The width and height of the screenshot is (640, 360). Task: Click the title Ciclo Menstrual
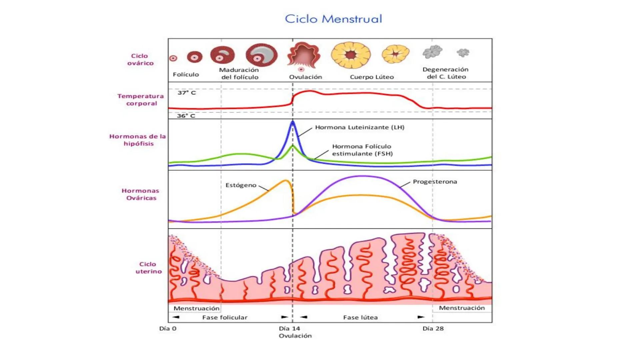pyautogui.click(x=333, y=19)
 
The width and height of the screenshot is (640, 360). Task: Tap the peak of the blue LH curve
pyautogui.click(x=293, y=122)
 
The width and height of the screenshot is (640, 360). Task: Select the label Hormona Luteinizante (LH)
pyautogui.click(x=360, y=127)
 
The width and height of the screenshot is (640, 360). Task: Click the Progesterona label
pyautogui.click(x=435, y=182)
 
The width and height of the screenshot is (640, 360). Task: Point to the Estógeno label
pyautogui.click(x=241, y=185)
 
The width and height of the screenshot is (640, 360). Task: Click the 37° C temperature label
pyautogui.click(x=186, y=93)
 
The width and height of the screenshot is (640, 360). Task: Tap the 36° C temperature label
pyautogui.click(x=186, y=116)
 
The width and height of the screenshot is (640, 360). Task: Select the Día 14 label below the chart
pyautogui.click(x=289, y=328)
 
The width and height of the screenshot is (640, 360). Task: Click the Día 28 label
pyautogui.click(x=433, y=328)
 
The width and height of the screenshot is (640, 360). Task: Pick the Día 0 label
pyautogui.click(x=168, y=328)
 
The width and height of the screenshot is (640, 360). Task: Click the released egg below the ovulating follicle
pyautogui.click(x=301, y=69)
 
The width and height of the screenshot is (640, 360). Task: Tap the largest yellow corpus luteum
pyautogui.click(x=351, y=55)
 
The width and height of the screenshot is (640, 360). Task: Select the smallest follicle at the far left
pyautogui.click(x=173, y=58)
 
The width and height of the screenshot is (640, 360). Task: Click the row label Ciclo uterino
pyautogui.click(x=148, y=268)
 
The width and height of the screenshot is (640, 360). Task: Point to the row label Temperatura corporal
pyautogui.click(x=141, y=100)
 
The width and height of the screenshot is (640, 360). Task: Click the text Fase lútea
pyautogui.click(x=360, y=317)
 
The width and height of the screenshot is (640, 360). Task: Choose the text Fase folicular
pyautogui.click(x=225, y=317)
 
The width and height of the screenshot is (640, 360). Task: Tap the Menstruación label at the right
pyautogui.click(x=462, y=308)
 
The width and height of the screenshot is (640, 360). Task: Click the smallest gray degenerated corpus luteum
pyautogui.click(x=463, y=52)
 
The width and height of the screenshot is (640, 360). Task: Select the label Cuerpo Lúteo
pyautogui.click(x=372, y=77)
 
